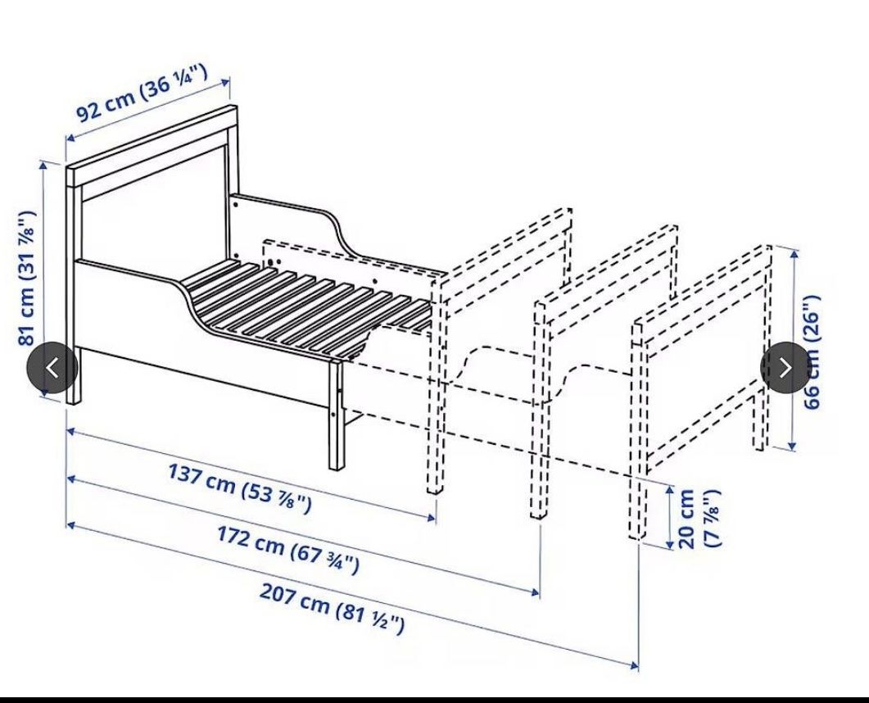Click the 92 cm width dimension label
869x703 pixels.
pos(142,93)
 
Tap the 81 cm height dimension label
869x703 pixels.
pos(26,278)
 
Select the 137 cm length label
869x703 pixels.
pos(239,488)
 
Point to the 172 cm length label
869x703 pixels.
pos(287,550)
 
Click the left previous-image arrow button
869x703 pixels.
pos(52,368)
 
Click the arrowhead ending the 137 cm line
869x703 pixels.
pos(431,518)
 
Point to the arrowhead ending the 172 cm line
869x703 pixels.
pos(535,592)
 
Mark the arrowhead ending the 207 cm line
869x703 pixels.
pos(633,664)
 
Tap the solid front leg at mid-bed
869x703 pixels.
pos(337,415)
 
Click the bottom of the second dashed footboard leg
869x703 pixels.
pos(537,515)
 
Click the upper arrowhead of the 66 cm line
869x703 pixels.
pos(794,255)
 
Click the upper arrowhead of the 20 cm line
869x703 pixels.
pos(670,489)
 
